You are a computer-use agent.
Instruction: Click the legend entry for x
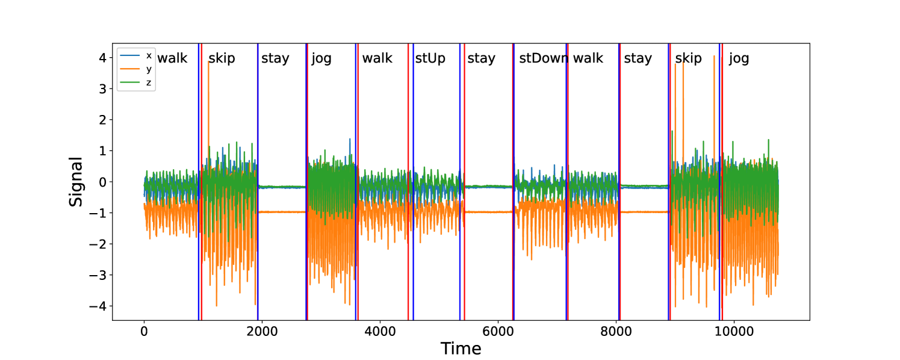pyautogui.click(x=149, y=55)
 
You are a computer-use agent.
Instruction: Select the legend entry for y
pyautogui.click(x=149, y=69)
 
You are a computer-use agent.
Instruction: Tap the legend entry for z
pyautogui.click(x=149, y=82)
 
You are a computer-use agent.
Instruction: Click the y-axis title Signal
pyautogui.click(x=76, y=182)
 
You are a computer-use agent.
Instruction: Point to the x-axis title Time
pyautogui.click(x=461, y=349)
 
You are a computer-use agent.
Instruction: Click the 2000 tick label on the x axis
pyautogui.click(x=262, y=331)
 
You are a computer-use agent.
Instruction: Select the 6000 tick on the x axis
pyautogui.click(x=498, y=331)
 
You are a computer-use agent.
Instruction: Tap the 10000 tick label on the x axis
pyautogui.click(x=734, y=331)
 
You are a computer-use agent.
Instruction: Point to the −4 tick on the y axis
pyautogui.click(x=100, y=306)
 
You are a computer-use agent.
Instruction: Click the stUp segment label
pyautogui.click(x=430, y=58)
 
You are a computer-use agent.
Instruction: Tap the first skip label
pyautogui.click(x=222, y=58)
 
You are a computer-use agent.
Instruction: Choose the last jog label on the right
pyautogui.click(x=739, y=58)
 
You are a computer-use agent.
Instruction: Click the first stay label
pyautogui.click(x=275, y=58)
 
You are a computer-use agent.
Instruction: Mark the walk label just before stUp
pyautogui.click(x=377, y=58)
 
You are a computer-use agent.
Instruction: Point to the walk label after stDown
pyautogui.click(x=588, y=58)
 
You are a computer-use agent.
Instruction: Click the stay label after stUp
pyautogui.click(x=481, y=58)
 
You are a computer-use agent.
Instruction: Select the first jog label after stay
pyautogui.click(x=321, y=58)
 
